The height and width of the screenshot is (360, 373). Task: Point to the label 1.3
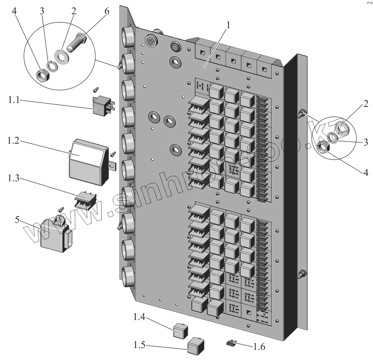pyautogui.click(x=14, y=178)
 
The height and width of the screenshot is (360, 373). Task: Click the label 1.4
pyautogui.click(x=139, y=317)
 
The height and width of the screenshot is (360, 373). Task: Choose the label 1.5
pyautogui.click(x=139, y=345)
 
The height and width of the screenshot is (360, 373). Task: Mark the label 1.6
pyautogui.click(x=259, y=347)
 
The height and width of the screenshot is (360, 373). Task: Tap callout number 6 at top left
pyautogui.click(x=107, y=12)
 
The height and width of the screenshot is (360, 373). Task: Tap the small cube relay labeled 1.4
pyautogui.click(x=179, y=331)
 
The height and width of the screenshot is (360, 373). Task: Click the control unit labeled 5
pyautogui.click(x=55, y=235)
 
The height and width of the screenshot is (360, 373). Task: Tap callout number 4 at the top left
pyautogui.click(x=14, y=12)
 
